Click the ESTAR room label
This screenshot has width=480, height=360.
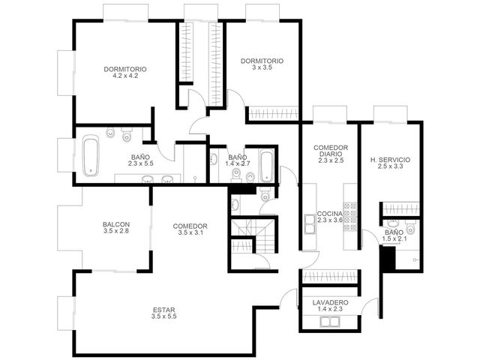[x=163, y=310]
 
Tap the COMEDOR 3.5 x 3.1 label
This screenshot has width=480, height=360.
[x=190, y=229]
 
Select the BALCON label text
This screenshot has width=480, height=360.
[x=116, y=224]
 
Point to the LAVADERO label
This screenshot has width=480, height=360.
[x=330, y=302]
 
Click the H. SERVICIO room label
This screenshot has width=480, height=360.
[x=390, y=160]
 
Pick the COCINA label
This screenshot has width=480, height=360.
[x=329, y=214]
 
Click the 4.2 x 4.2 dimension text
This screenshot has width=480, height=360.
[x=125, y=76]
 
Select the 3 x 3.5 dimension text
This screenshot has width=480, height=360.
[x=262, y=67]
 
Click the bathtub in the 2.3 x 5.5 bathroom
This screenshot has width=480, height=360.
[x=91, y=155]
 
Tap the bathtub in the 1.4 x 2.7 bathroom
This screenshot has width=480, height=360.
[x=267, y=165]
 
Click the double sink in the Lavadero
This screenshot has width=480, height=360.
[x=330, y=322]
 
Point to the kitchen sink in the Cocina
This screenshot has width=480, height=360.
[x=310, y=223]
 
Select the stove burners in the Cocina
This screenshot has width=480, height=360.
[x=350, y=217]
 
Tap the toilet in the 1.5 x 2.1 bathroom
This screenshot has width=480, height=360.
[x=411, y=228]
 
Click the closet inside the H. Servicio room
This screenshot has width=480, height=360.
[x=401, y=209]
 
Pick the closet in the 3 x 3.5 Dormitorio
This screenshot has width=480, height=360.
[x=273, y=113]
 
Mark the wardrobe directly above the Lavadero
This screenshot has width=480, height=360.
[x=330, y=277]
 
